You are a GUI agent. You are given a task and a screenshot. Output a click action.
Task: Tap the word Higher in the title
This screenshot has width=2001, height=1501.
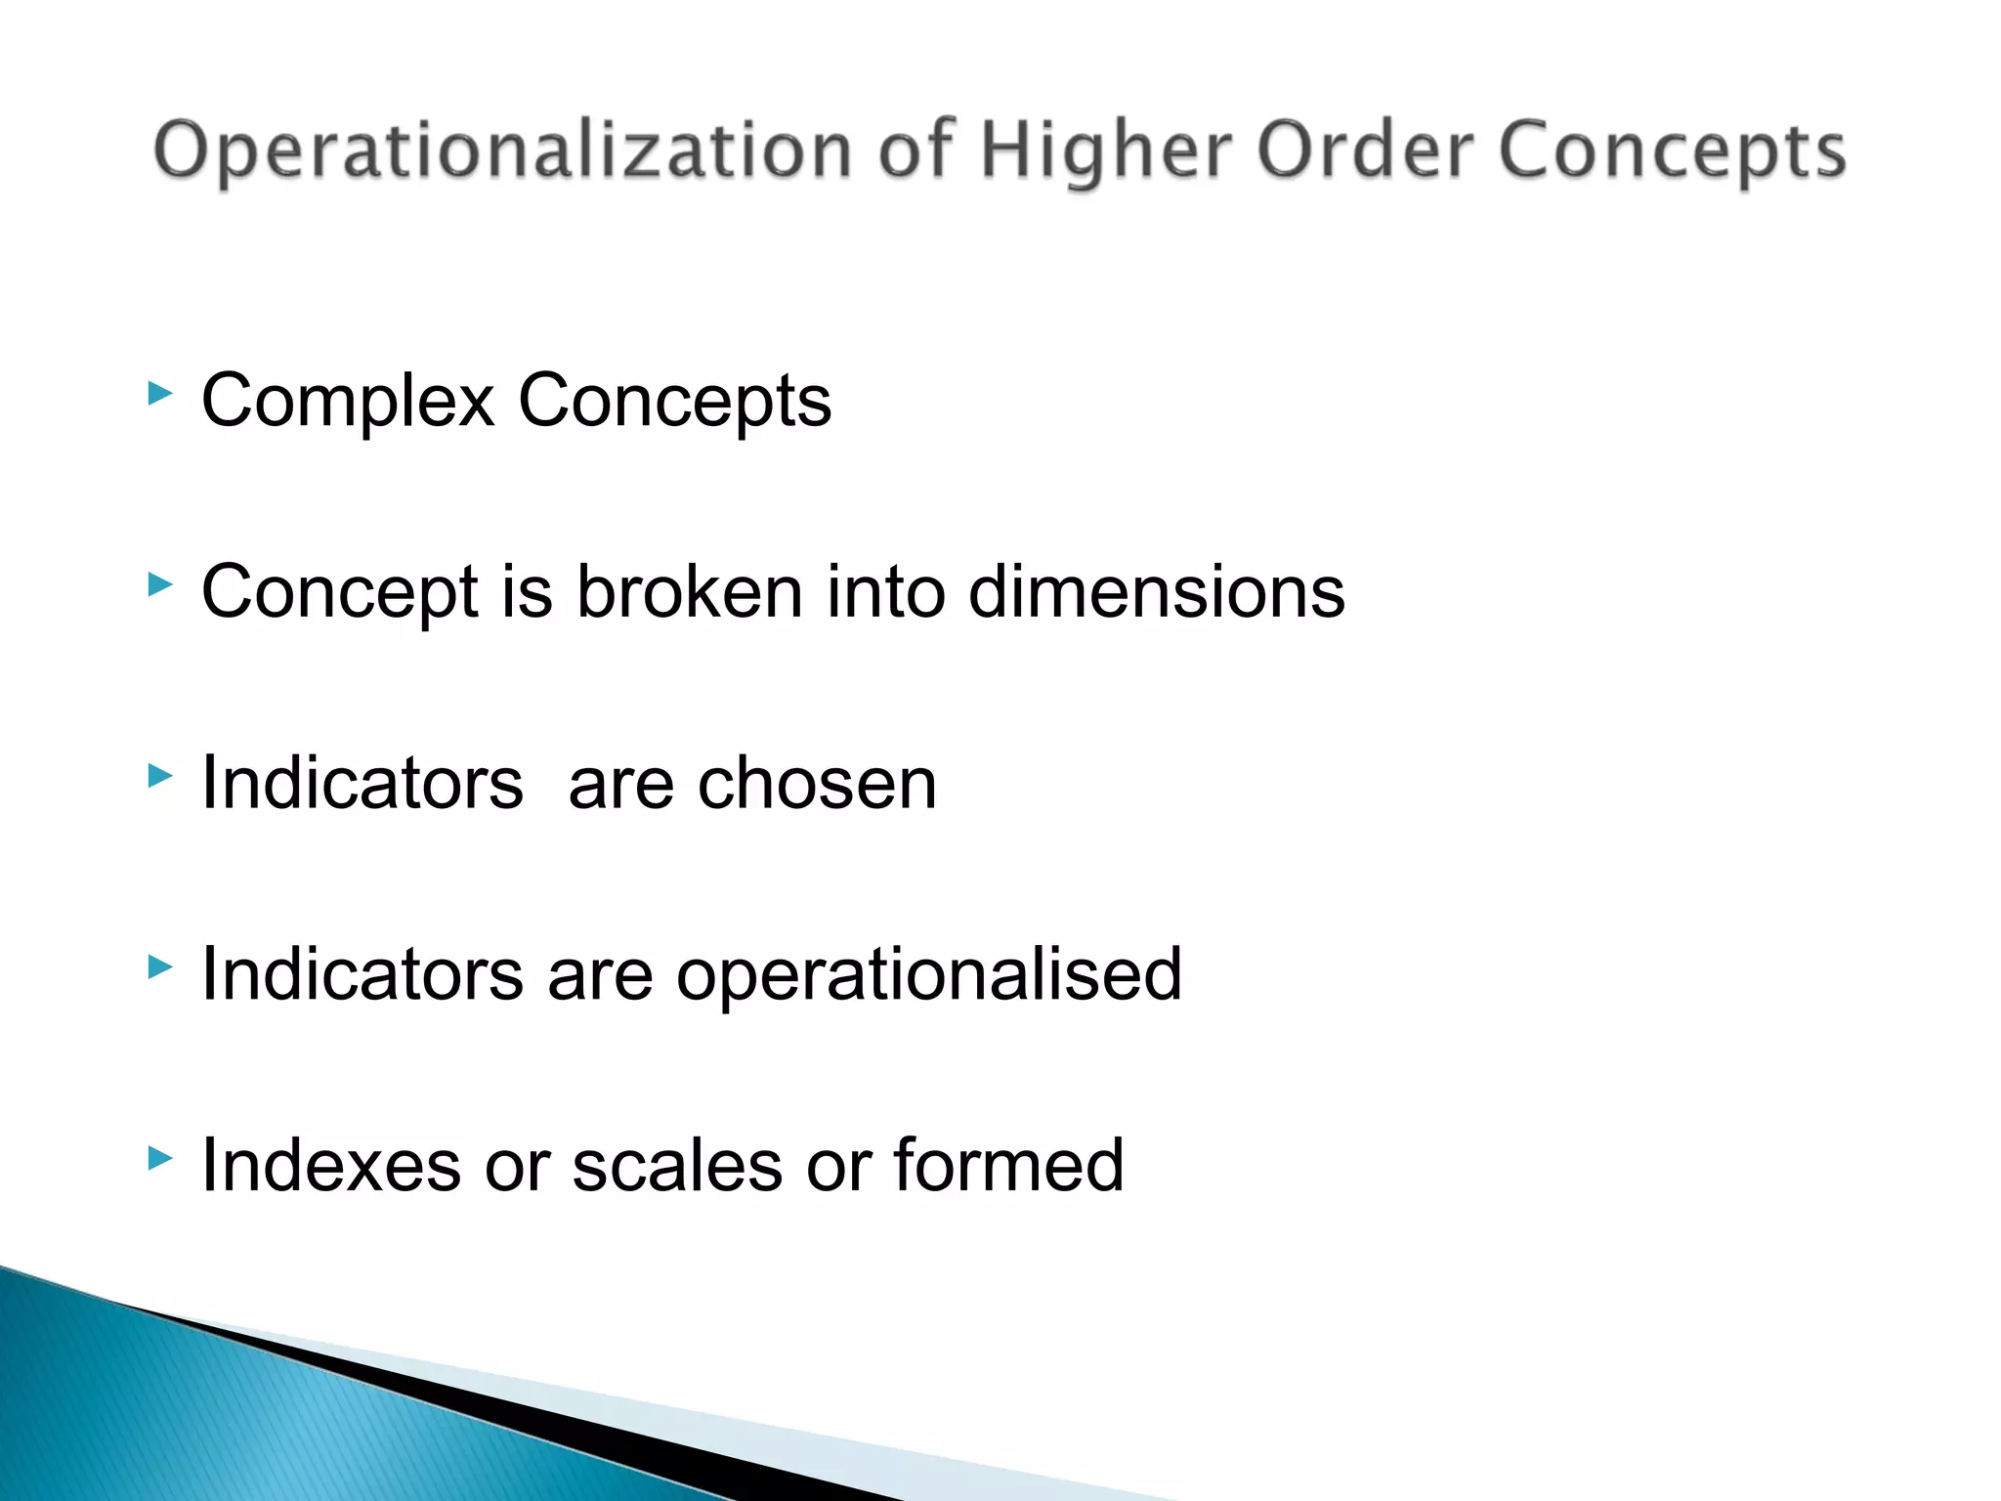[x=1105, y=152]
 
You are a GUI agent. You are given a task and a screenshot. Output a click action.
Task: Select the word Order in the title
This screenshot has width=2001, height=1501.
[x=1364, y=150]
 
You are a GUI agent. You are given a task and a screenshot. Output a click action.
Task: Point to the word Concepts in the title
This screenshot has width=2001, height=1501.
[x=1672, y=152]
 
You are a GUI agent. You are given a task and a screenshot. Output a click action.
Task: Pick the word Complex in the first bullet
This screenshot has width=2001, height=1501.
[x=348, y=401]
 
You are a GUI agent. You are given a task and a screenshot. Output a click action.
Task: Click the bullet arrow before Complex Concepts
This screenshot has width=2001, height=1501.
[x=159, y=395]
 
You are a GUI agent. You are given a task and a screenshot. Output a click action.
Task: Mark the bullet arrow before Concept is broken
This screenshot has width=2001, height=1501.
[x=159, y=585]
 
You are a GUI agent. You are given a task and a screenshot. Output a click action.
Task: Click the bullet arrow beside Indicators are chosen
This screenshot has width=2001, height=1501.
[x=159, y=777]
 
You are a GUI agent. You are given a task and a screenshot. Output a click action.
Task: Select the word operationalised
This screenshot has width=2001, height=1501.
[x=928, y=975]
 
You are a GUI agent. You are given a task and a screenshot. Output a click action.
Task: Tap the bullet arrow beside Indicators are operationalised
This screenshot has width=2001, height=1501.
[x=159, y=967]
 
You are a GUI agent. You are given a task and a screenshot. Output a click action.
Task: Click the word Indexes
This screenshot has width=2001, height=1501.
[x=330, y=1166]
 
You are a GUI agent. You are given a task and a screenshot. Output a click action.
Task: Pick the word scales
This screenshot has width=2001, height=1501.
[x=677, y=1166]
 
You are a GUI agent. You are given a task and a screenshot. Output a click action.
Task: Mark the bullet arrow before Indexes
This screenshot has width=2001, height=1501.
[x=159, y=1159]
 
